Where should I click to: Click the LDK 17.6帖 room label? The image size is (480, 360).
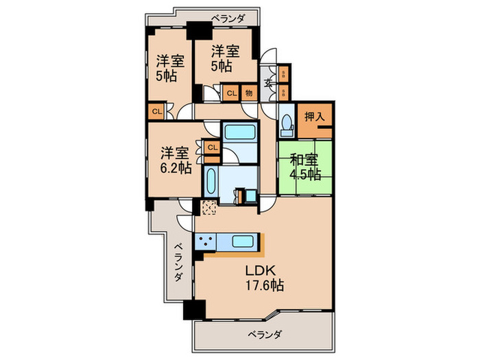263,277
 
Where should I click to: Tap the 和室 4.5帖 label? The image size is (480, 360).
304,166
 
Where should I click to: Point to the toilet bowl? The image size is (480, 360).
287,124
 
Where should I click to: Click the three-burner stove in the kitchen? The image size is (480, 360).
205,241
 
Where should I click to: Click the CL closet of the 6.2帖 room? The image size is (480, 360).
212,147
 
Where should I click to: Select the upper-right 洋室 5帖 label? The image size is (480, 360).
225,58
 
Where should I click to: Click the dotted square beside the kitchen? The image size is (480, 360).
208,208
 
